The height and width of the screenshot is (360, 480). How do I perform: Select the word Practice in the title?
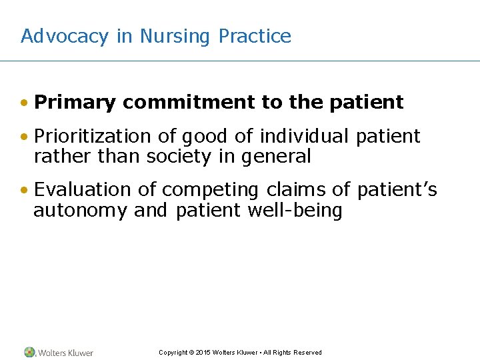[x=255, y=36]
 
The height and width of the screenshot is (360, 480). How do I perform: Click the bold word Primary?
[x=75, y=103]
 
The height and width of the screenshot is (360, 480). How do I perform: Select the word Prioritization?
[x=93, y=137]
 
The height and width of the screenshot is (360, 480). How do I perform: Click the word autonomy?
[x=81, y=211]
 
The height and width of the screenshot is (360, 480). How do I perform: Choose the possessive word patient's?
[x=397, y=190]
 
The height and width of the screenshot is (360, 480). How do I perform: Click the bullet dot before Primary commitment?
[x=24, y=103]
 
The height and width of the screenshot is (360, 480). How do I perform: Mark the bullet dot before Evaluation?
[x=24, y=191]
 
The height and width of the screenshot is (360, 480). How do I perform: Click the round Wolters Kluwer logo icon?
[x=29, y=352]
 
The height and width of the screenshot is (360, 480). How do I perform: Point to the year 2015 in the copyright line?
[x=203, y=353]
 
